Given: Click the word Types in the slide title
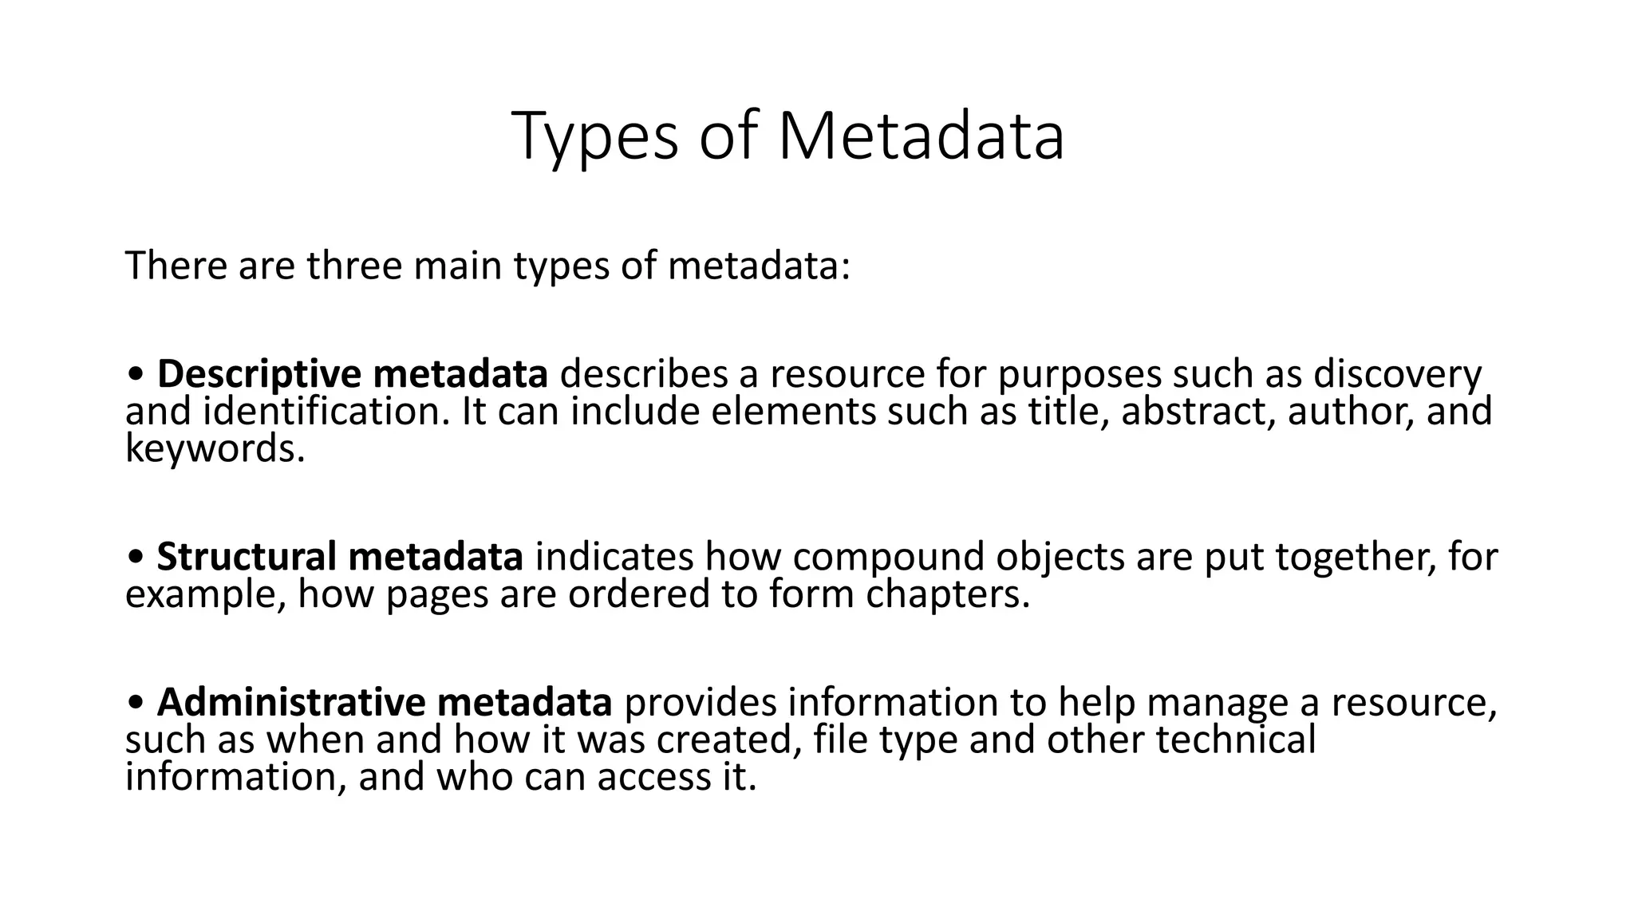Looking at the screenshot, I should (x=595, y=137).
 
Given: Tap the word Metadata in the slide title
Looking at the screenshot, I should (x=921, y=137).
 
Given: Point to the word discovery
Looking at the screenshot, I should (x=1397, y=373).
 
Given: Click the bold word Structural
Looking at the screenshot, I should (x=246, y=557).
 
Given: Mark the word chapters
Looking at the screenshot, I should (x=948, y=594).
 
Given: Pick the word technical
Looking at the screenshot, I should (x=1235, y=740).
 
